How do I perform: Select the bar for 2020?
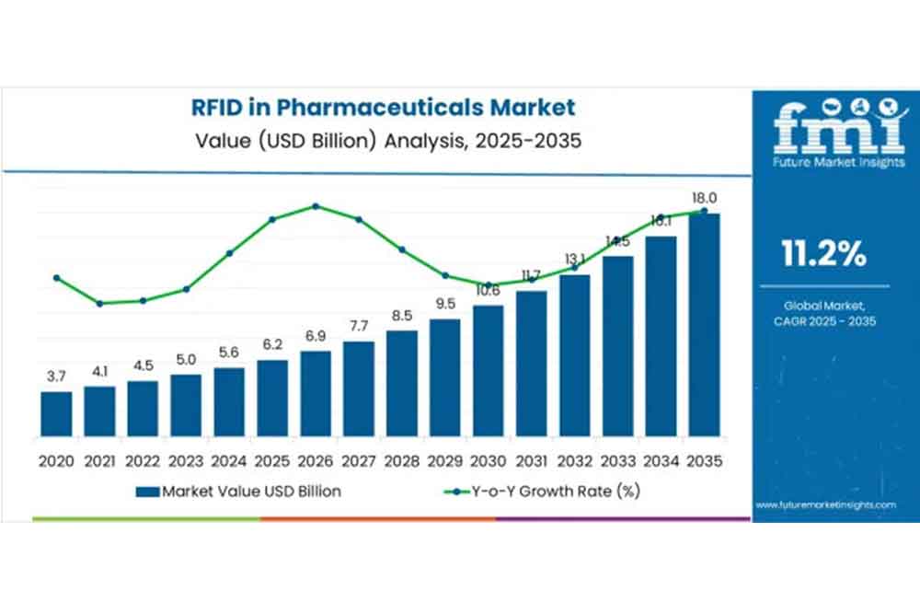click(56, 414)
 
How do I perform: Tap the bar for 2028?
click(401, 383)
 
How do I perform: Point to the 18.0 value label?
click(705, 198)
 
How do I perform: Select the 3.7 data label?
click(56, 377)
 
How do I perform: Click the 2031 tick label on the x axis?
click(532, 460)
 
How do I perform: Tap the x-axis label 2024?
click(229, 460)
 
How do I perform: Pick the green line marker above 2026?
click(316, 206)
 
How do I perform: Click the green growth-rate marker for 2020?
click(56, 277)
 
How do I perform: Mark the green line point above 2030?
click(489, 284)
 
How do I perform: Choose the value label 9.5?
click(445, 305)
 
